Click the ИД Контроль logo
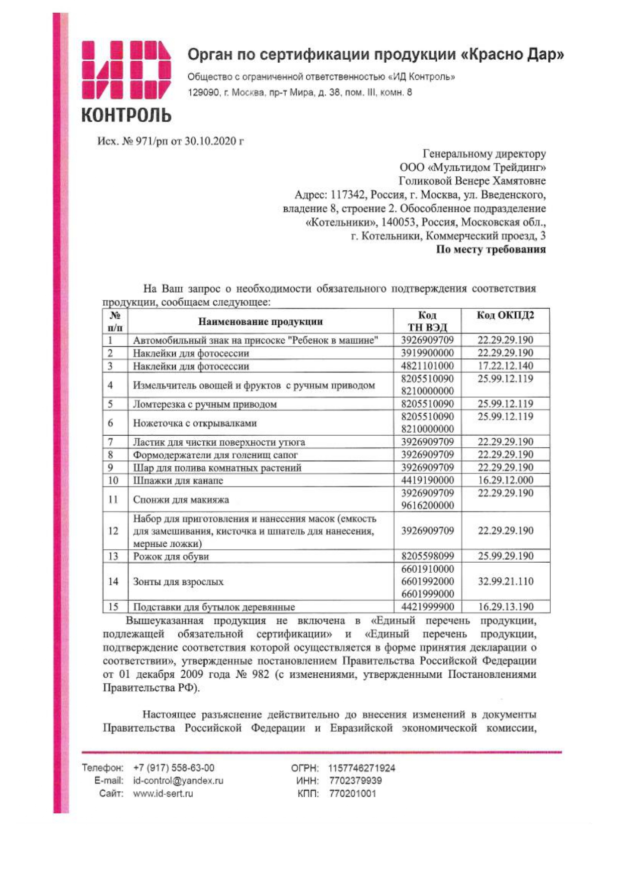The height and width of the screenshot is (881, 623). (x=126, y=81)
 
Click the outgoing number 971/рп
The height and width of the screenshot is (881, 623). (x=151, y=141)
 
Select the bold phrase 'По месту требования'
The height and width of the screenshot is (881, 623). (x=490, y=249)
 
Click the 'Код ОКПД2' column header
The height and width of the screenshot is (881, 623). (x=505, y=315)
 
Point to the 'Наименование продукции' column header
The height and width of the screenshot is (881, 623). (x=260, y=321)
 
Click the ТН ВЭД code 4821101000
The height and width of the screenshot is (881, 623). (x=427, y=365)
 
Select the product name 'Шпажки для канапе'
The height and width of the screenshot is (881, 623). (x=178, y=480)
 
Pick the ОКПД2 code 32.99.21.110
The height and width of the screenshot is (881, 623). (x=505, y=581)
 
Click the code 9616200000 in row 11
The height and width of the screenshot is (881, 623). (x=427, y=506)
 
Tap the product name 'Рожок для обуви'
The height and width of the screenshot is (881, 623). (x=171, y=556)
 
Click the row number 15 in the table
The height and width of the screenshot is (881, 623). (x=113, y=606)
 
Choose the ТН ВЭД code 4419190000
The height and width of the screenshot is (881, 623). (x=427, y=480)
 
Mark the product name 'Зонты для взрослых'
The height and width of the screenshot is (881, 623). (x=178, y=582)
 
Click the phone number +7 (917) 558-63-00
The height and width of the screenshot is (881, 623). (x=174, y=768)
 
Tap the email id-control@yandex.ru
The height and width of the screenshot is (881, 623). (x=178, y=781)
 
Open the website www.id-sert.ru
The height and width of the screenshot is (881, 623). (x=163, y=794)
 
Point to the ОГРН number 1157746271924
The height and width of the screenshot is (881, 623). (x=361, y=768)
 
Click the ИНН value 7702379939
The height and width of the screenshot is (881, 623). (x=355, y=781)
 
